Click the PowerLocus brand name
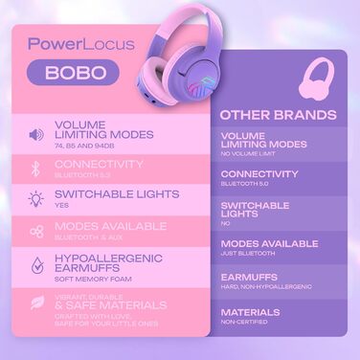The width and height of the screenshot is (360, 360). pos(75,43)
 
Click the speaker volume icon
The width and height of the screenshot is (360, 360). pos(35,134)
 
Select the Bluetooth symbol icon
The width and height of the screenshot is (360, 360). pos(35,169)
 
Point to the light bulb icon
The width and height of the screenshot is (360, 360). pos(35,199)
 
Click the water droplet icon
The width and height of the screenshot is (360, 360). pos(35,265)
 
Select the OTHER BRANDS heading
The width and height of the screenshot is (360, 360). pos(279,115)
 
